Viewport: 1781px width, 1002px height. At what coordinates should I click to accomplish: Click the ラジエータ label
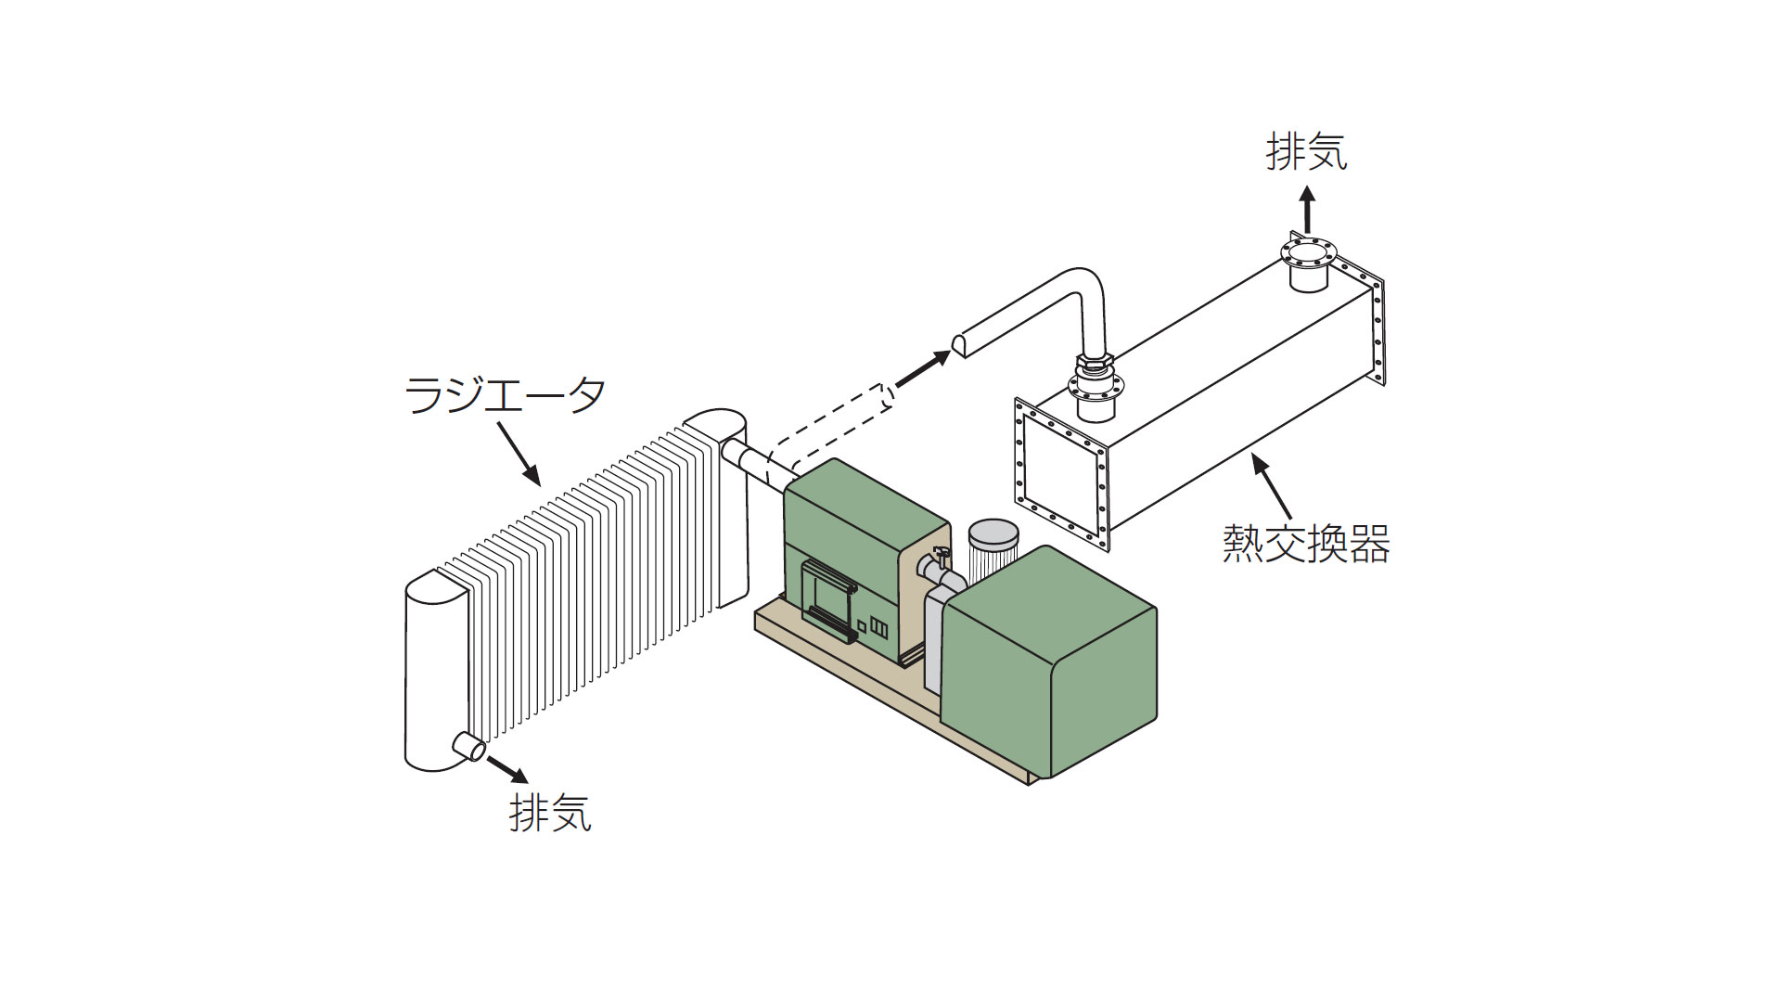click(x=506, y=394)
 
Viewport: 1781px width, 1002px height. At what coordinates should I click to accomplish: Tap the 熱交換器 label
click(x=1305, y=544)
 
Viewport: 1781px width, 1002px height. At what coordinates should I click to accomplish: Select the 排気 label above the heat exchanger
click(x=1306, y=151)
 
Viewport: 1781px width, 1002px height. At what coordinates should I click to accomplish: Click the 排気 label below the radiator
click(x=550, y=813)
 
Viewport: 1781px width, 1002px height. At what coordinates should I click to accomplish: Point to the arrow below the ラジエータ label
click(x=519, y=454)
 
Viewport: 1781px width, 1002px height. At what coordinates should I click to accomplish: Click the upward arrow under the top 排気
click(x=1307, y=210)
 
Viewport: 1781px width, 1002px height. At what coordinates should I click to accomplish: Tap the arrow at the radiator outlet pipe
click(x=507, y=768)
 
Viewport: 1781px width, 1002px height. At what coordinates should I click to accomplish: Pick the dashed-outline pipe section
click(x=830, y=430)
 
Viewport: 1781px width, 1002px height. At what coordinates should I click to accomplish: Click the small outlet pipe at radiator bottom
click(x=468, y=745)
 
